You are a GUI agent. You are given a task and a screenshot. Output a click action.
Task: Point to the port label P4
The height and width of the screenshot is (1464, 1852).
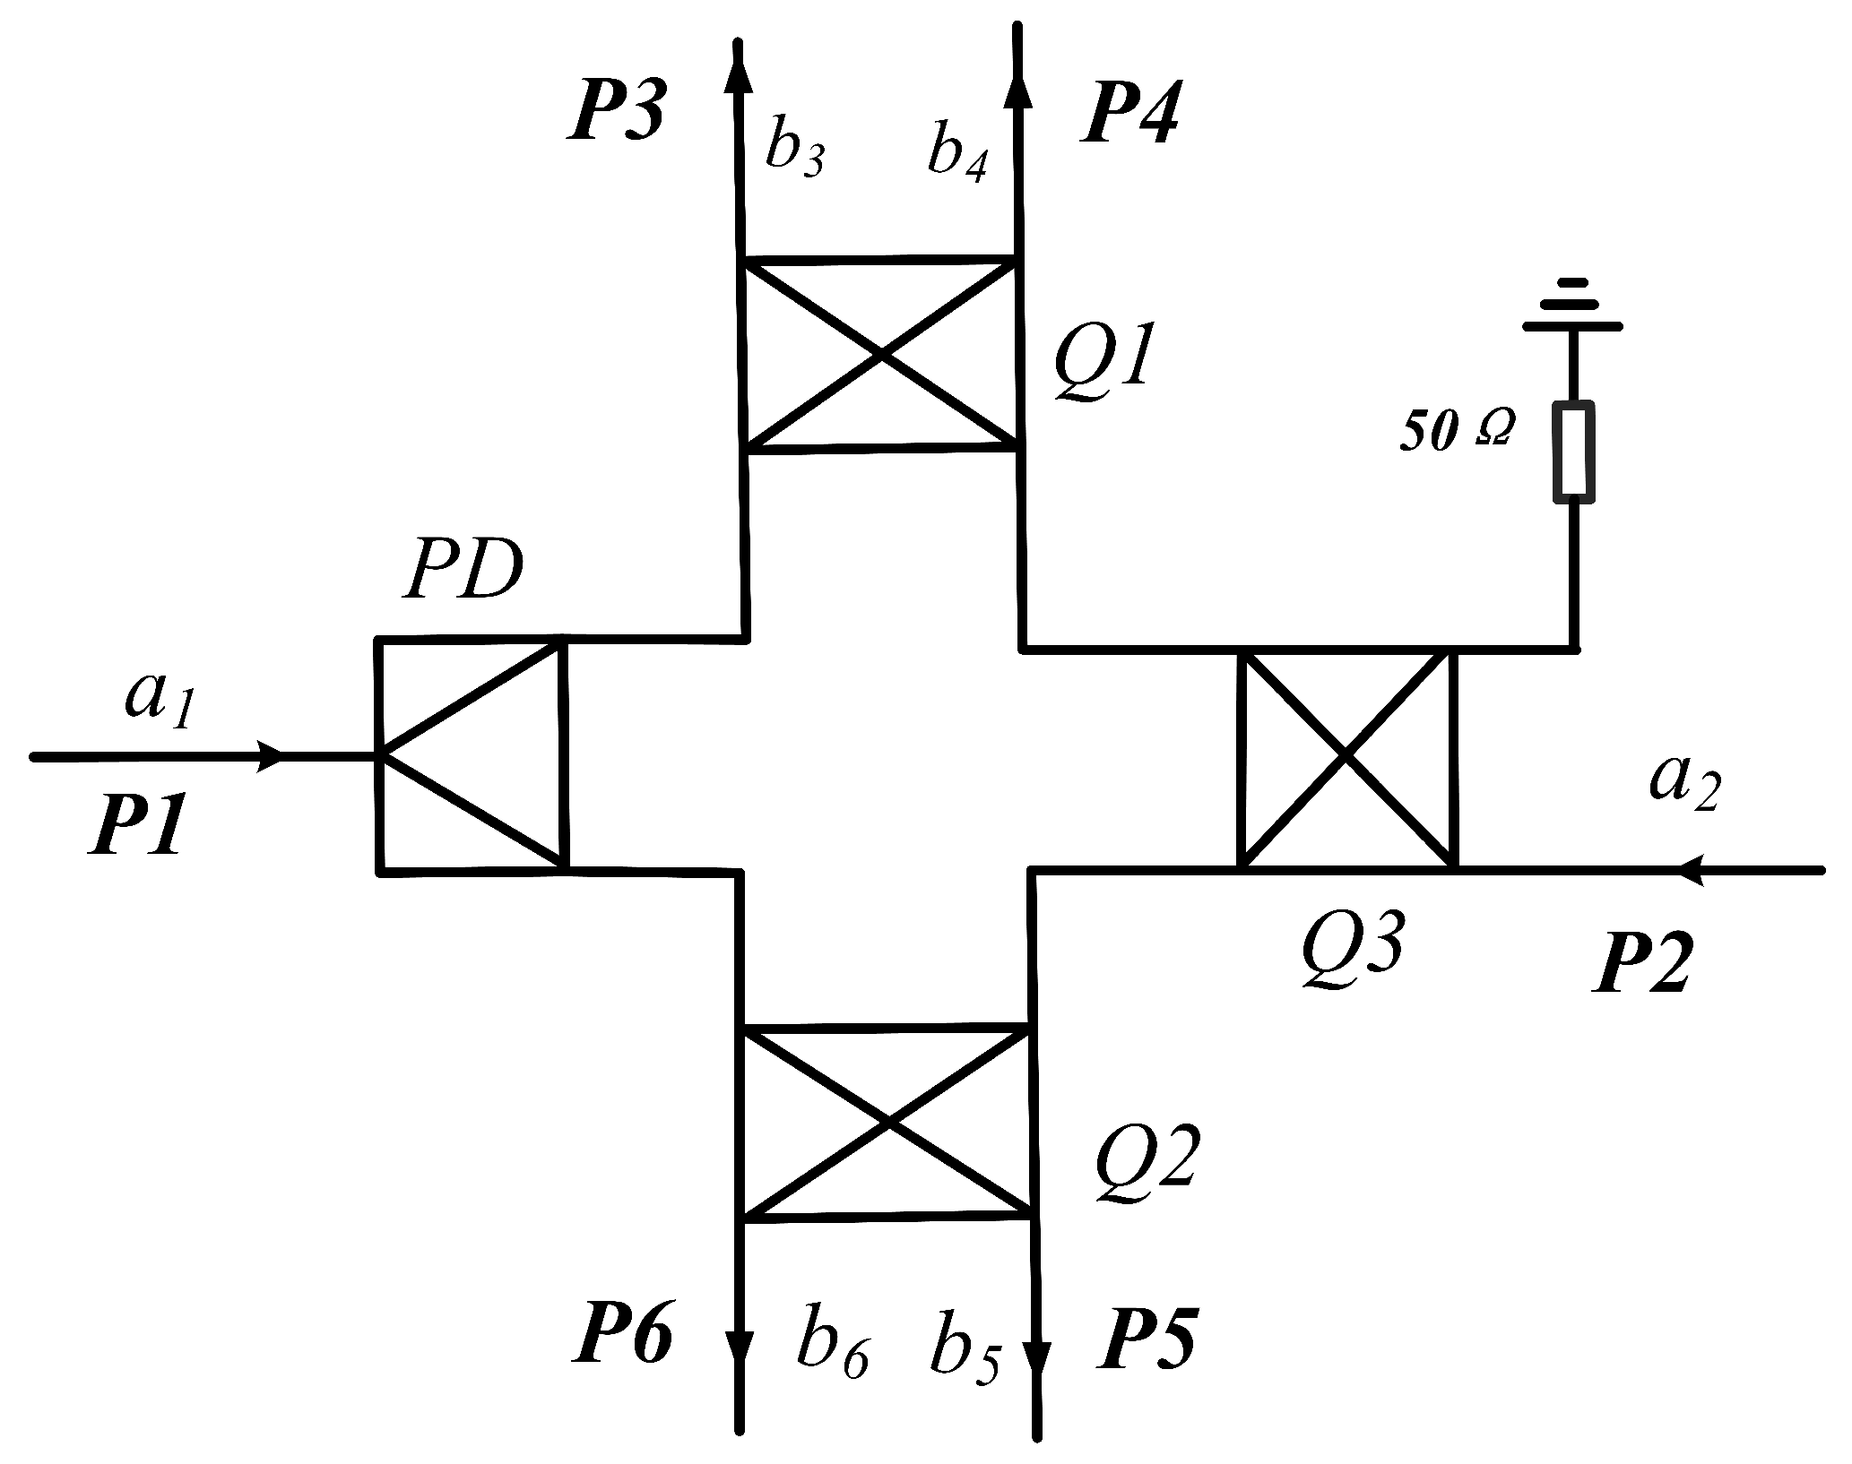click(1128, 113)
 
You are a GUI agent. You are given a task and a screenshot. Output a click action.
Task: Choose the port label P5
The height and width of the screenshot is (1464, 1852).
click(1147, 1340)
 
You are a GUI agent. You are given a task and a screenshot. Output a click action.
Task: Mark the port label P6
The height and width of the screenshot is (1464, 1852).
click(622, 1340)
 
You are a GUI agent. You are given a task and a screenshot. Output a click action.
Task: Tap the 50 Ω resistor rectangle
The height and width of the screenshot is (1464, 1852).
click(1573, 451)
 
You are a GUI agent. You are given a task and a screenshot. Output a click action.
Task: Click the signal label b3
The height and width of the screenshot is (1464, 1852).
click(794, 151)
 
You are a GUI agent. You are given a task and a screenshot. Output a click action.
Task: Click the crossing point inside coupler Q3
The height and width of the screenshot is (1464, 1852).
click(1346, 757)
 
